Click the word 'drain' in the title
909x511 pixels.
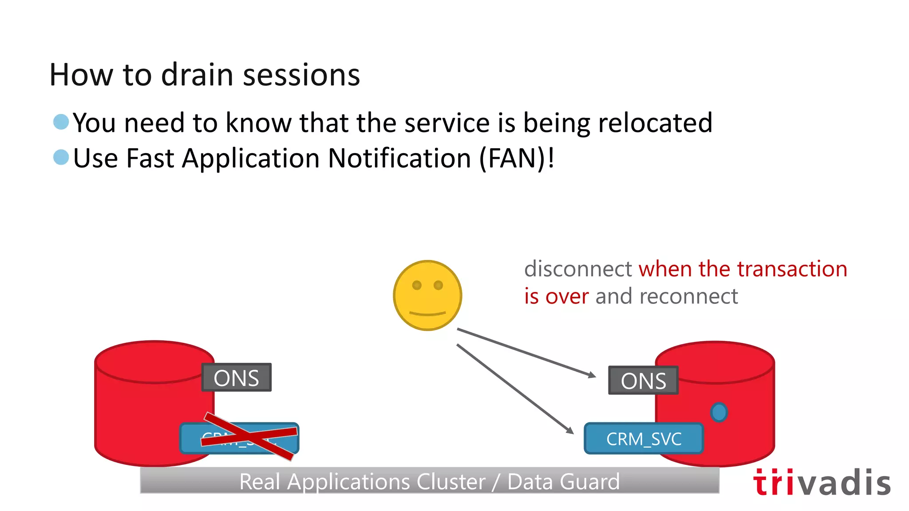pyautogui.click(x=197, y=75)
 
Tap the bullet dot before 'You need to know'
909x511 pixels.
pyautogui.click(x=61, y=122)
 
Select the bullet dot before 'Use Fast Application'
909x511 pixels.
pyautogui.click(x=61, y=157)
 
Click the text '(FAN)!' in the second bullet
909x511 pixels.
pyautogui.click(x=517, y=158)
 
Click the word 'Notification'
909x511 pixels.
pyautogui.click(x=399, y=158)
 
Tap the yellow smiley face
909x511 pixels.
pyautogui.click(x=427, y=295)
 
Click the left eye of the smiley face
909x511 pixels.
pyautogui.click(x=417, y=285)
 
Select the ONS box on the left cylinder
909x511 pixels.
pyautogui.click(x=236, y=377)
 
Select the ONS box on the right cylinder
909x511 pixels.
pyautogui.click(x=643, y=380)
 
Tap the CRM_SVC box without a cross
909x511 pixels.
pyautogui.click(x=644, y=439)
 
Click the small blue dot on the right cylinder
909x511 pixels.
pyautogui.click(x=719, y=412)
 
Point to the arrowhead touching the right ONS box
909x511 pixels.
pyautogui.click(x=593, y=375)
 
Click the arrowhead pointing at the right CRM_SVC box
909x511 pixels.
pyautogui.click(x=570, y=430)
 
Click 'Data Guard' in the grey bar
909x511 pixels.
pyautogui.click(x=563, y=482)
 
